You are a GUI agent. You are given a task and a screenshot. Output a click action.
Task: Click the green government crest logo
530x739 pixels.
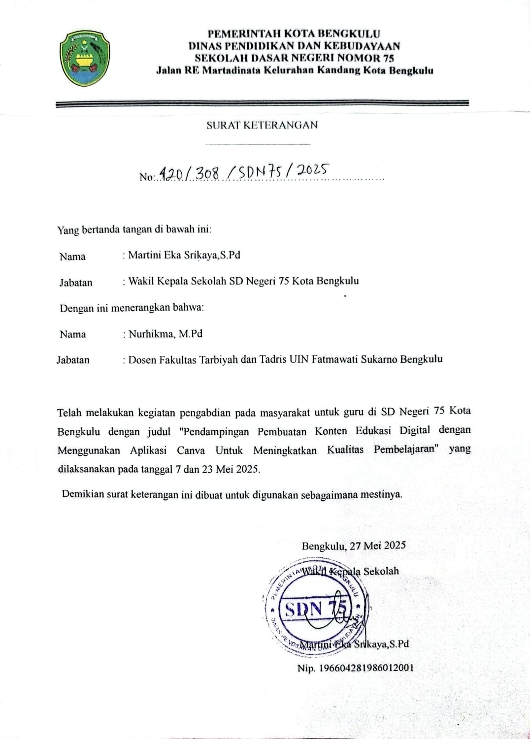tap(85, 58)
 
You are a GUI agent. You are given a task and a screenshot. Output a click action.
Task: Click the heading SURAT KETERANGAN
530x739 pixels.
tap(262, 125)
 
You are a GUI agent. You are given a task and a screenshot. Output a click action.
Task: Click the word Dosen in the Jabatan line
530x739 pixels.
tap(142, 359)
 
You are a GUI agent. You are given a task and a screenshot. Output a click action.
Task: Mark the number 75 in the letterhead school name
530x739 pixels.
tap(388, 58)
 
